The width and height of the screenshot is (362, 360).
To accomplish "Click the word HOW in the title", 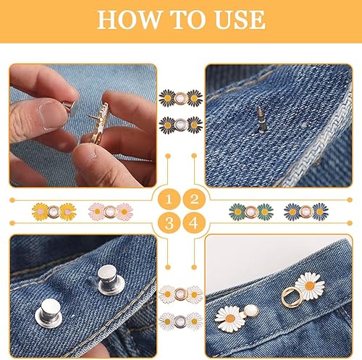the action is pos(130,20).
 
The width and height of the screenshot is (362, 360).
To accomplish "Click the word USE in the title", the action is pos(240,20).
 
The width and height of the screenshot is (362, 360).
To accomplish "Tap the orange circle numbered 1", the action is pos(169,199).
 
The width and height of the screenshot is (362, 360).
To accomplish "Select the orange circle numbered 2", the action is pos(194,199).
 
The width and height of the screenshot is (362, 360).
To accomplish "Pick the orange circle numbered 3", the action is pos(169,223).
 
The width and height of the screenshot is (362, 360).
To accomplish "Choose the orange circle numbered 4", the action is pos(194,223).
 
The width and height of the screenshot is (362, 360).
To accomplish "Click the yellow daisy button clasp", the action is pos(54,212).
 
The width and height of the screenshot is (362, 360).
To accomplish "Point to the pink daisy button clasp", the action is pos(111,212).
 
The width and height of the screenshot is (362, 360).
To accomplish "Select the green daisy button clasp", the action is pos(251,212).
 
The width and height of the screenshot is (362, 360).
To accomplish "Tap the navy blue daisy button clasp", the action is pos(306,212).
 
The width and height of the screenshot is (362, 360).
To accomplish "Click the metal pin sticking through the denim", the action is pos(261,120).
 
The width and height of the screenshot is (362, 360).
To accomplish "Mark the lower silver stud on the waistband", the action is pos(49,313).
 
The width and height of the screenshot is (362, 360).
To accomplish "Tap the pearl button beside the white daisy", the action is pos(251,311).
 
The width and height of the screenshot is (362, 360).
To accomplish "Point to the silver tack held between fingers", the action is pos(68,106).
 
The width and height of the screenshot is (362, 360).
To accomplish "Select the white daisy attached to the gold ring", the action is pos(310,286).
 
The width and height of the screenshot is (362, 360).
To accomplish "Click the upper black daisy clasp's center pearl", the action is pos(181,98).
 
